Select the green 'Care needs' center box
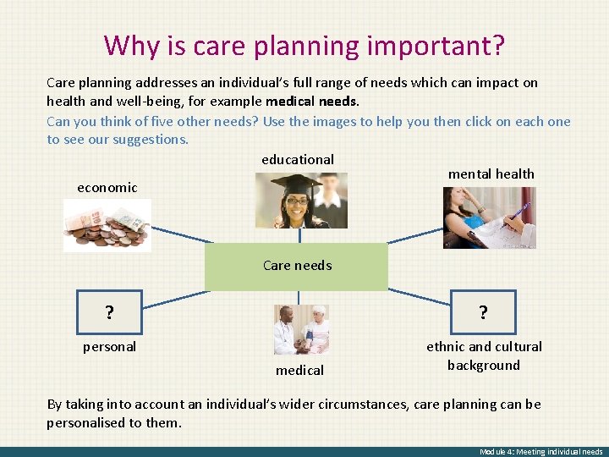click(297, 266)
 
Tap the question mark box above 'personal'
click(109, 311)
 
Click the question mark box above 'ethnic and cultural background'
click(483, 312)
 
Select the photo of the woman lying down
click(489, 217)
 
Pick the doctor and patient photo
click(300, 329)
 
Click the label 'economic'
click(107, 188)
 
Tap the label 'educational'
click(298, 159)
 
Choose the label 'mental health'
click(491, 173)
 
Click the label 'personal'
click(109, 347)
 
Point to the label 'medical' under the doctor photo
click(299, 370)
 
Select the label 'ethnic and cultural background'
click(484, 355)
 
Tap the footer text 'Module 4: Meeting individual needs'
click(540, 452)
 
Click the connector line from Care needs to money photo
click(178, 236)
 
